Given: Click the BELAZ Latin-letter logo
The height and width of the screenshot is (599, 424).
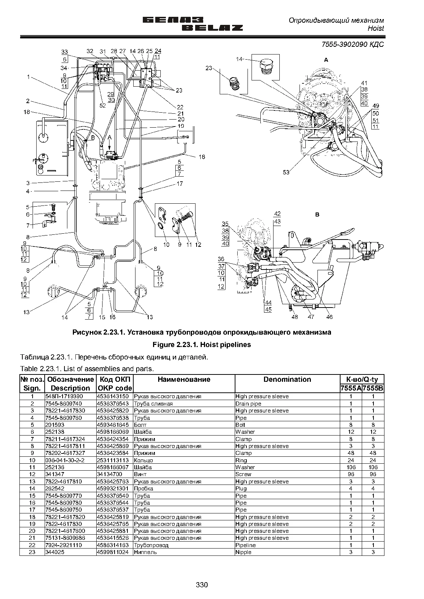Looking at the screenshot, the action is coord(212,28).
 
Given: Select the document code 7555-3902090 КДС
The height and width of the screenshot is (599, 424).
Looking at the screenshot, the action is coord(353,44).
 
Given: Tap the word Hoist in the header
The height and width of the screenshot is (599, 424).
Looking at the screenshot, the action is coord(376,29).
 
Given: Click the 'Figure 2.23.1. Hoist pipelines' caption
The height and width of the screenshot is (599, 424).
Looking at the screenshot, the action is coord(202,344).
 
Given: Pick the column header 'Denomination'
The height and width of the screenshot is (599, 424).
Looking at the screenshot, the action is coord(287,379).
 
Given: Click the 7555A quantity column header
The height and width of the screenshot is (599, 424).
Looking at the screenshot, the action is coord(351,388).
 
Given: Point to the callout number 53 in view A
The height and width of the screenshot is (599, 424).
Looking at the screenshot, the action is coord(286,172).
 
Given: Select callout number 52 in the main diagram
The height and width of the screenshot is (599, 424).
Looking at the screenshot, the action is coord(103,105).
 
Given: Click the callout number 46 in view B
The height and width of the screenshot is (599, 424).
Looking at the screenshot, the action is coord(329,317).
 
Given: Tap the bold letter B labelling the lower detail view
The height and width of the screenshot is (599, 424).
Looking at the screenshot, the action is coord(317,214).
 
